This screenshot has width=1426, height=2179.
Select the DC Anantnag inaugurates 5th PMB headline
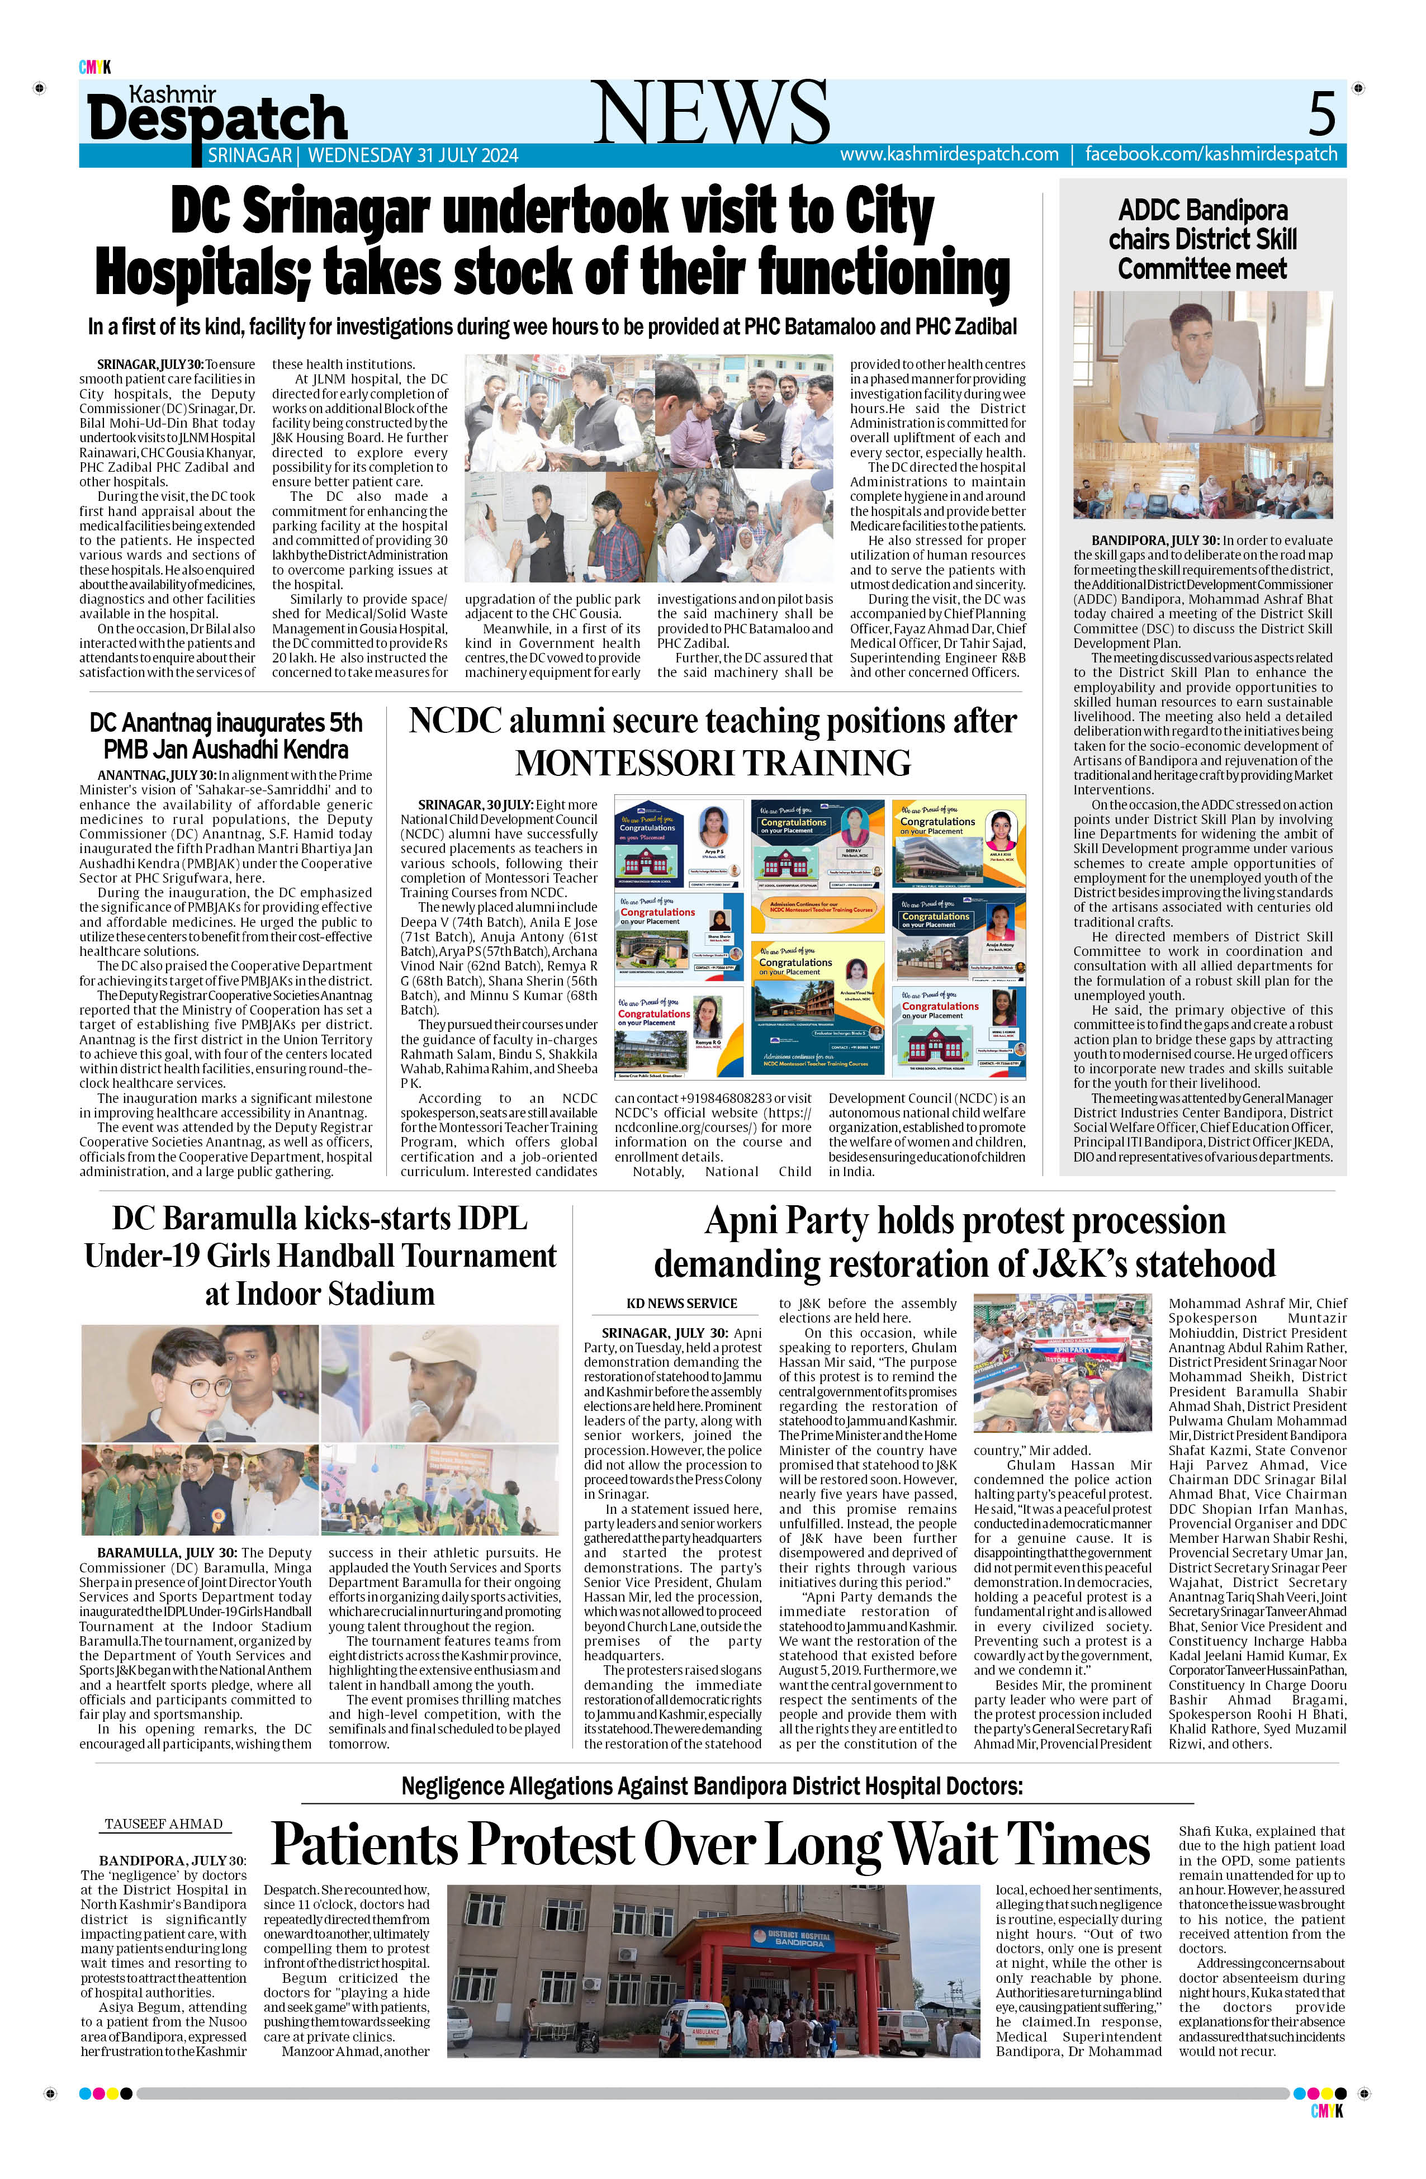coord(226,736)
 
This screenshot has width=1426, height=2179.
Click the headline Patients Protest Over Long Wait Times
coord(710,1845)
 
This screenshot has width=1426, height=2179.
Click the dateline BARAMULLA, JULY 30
coord(167,1553)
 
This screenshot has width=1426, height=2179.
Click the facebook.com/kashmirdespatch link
coord(1211,155)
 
